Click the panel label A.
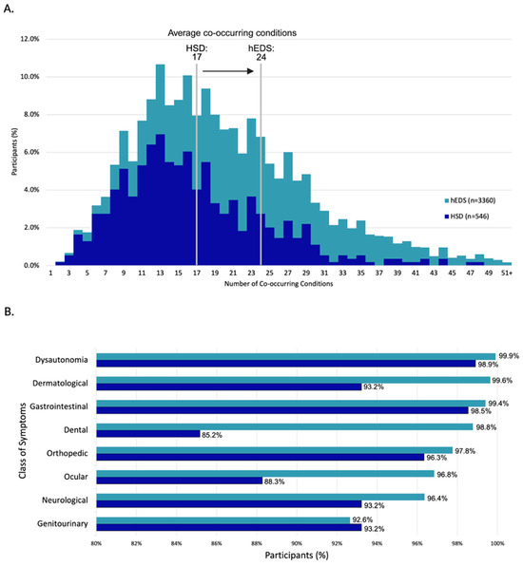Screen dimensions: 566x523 [x=10, y=9]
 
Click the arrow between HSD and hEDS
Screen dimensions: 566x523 [x=228, y=69]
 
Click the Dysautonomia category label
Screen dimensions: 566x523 [x=64, y=359]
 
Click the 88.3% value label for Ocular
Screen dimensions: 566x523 [x=276, y=481]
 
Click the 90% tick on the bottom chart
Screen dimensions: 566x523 [x=296, y=542]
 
